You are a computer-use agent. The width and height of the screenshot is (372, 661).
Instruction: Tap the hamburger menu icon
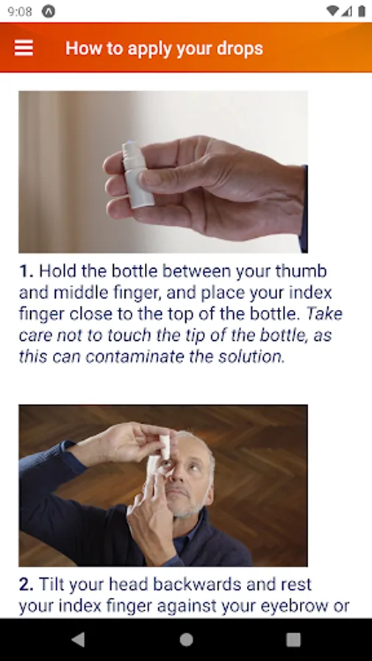click(x=24, y=48)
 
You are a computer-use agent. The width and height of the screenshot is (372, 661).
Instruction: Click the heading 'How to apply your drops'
click(x=164, y=48)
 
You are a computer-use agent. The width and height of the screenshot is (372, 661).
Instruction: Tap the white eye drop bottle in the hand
click(x=137, y=175)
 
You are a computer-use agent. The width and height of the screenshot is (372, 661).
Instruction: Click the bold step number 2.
click(x=26, y=585)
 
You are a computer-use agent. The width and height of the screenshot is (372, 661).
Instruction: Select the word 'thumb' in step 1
click(x=303, y=271)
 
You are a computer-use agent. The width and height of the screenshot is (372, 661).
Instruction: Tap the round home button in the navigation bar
click(x=186, y=640)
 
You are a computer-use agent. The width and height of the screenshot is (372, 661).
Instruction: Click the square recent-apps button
click(x=293, y=640)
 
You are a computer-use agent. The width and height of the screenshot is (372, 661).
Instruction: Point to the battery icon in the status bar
click(x=362, y=11)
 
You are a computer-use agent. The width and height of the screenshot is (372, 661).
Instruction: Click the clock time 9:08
click(x=20, y=12)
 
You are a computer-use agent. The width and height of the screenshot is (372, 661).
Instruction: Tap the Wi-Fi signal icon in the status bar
click(x=333, y=11)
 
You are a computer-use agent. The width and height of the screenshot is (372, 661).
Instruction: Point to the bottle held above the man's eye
click(x=165, y=447)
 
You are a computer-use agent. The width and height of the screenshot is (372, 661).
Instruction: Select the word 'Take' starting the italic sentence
click(x=324, y=314)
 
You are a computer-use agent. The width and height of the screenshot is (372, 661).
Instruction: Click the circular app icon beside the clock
click(x=49, y=12)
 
